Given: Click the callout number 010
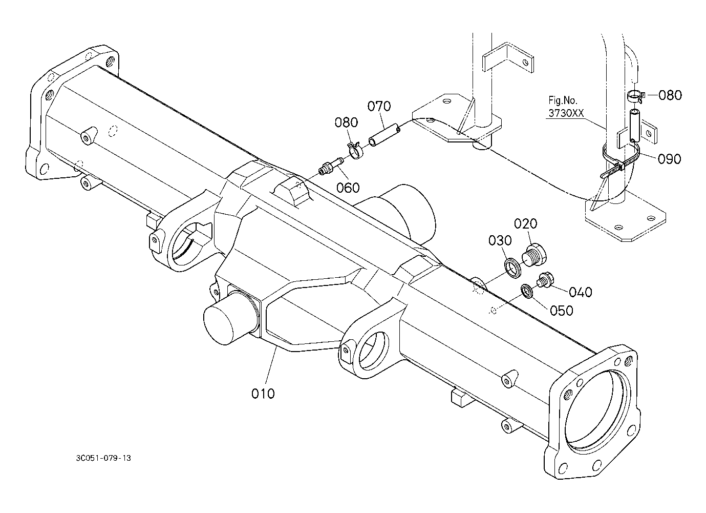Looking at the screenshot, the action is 263,394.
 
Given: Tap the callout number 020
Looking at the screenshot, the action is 525,223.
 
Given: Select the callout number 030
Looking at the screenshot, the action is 500,241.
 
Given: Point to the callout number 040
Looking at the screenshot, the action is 580,292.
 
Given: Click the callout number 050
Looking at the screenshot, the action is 561,311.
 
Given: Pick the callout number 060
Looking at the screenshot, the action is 348,188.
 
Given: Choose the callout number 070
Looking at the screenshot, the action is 379,106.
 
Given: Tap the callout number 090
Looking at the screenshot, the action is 670,159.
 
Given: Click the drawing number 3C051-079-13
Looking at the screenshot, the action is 103,458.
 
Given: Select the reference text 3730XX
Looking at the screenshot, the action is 566,113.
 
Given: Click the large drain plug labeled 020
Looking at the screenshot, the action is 534,255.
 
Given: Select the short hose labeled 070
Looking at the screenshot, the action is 384,136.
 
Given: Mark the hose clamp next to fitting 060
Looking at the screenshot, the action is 355,151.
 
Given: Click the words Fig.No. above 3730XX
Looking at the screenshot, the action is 563,100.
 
